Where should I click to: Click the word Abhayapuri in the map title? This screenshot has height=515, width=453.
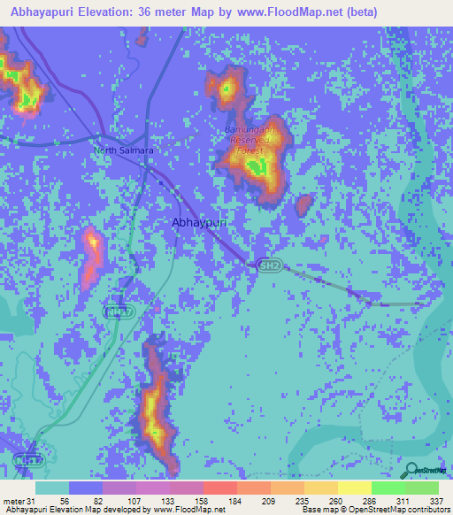(47, 12)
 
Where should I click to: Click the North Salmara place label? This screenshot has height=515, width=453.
(124, 150)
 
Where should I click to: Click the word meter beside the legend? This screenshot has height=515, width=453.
(14, 501)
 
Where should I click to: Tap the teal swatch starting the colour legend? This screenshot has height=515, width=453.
(52, 488)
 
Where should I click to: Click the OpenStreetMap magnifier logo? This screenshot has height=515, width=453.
(411, 471)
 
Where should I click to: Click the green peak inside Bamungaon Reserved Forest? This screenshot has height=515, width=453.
(256, 166)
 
